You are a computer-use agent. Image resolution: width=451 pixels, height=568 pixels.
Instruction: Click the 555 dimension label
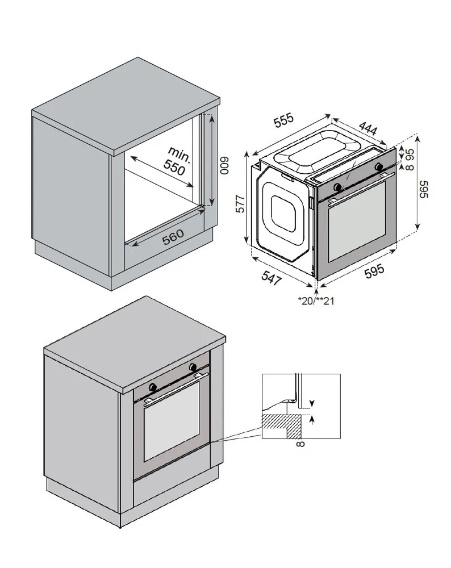tap(283, 120)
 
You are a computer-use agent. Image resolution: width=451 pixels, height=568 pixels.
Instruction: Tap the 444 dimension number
tap(368, 130)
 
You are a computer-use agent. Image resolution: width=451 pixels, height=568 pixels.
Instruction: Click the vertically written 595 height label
tap(424, 189)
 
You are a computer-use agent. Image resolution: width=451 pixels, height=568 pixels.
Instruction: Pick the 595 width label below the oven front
tap(374, 272)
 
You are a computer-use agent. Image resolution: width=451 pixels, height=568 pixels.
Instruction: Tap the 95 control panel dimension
tap(409, 154)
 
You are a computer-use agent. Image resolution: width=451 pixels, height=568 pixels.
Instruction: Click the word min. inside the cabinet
tap(180, 153)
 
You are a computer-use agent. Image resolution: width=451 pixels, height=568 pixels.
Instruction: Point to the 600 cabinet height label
tap(224, 164)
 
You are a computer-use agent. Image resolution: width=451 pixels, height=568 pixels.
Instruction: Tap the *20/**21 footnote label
tap(316, 301)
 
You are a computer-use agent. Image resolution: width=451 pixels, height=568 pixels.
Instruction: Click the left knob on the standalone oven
tap(338, 187)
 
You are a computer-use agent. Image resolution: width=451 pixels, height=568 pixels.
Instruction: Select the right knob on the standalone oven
tap(379, 166)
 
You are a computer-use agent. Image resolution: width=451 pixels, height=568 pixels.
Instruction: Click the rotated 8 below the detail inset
tap(300, 444)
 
